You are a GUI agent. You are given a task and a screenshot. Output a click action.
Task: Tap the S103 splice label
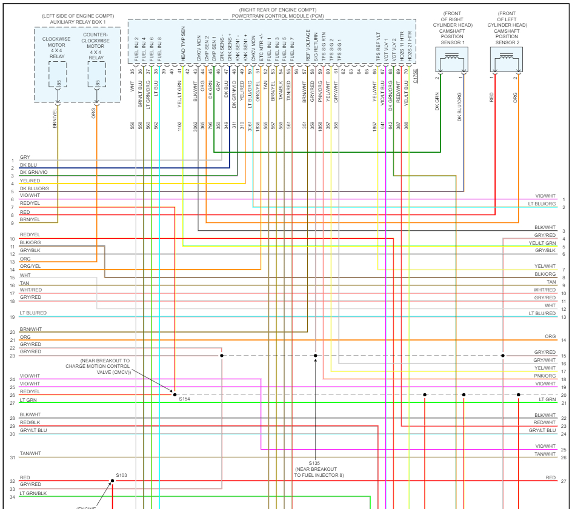point(121,476)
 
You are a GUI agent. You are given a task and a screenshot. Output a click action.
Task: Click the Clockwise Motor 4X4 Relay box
point(57,73)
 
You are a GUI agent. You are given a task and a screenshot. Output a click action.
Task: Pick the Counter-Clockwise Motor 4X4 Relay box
point(96,73)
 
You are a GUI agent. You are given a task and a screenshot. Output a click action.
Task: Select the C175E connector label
point(415,75)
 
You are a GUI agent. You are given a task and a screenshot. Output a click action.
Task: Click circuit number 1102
point(179,125)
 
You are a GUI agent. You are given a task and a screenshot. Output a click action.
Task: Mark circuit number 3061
point(250,125)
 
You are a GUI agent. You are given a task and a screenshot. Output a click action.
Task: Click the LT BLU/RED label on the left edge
point(33,313)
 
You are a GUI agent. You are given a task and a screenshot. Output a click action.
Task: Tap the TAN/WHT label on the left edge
point(30,453)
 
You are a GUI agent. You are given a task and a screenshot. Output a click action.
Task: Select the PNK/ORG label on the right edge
point(545,376)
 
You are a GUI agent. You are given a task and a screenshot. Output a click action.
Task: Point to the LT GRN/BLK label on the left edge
point(33,493)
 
